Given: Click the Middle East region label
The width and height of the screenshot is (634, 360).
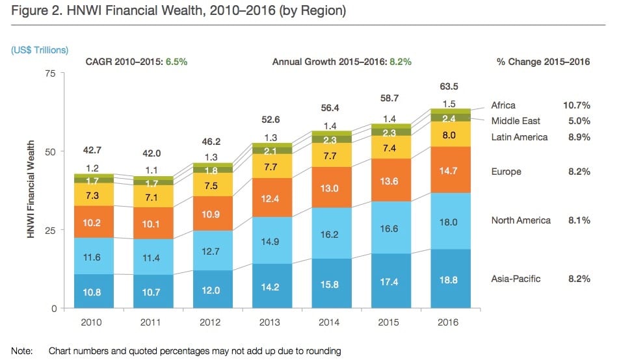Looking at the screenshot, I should tap(516, 121).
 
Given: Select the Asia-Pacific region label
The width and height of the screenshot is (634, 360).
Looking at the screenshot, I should tap(516, 279).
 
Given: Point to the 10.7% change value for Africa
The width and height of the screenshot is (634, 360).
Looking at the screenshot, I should tap(576, 105).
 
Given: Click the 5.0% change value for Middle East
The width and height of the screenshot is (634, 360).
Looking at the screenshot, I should tap(578, 121).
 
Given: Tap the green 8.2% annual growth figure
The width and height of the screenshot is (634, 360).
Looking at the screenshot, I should tap(400, 62).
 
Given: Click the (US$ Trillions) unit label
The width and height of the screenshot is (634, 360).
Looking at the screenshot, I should tap(40, 50).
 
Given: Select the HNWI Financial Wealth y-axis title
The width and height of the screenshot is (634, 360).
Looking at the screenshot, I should tap(31, 191).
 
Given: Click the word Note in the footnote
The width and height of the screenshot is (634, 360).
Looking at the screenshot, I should tap(22, 352).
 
